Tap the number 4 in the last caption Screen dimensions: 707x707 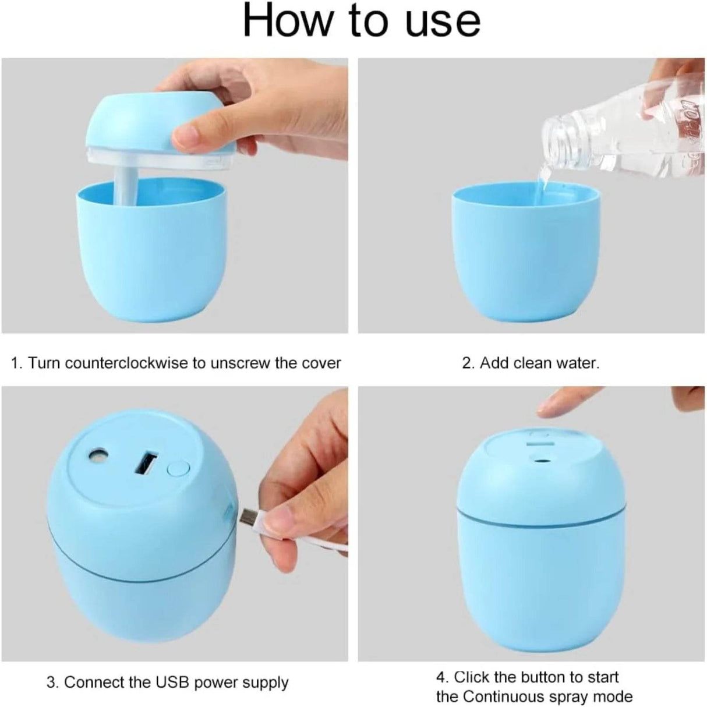point(441,677)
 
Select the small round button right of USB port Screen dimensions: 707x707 point(178,469)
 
